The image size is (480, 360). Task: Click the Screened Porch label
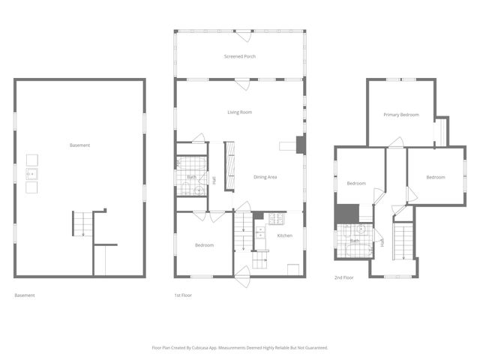(240, 57)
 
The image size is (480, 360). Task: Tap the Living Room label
(240, 112)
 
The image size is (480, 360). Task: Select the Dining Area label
(265, 177)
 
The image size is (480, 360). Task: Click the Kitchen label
(285, 236)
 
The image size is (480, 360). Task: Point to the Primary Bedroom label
(401, 115)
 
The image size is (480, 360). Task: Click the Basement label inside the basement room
(79, 145)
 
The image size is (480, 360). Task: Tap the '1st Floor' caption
(183, 295)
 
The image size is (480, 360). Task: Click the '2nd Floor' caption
(344, 277)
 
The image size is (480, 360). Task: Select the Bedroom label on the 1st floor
(204, 245)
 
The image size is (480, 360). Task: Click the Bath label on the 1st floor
(191, 177)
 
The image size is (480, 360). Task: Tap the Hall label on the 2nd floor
(382, 242)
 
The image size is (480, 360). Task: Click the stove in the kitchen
(276, 219)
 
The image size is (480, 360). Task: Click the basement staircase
(82, 223)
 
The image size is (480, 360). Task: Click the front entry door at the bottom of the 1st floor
(243, 272)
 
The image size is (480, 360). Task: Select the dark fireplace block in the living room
(301, 145)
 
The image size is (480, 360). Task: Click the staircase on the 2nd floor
(403, 241)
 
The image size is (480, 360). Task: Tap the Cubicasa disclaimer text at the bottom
(240, 348)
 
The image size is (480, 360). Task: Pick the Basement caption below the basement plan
(25, 295)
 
